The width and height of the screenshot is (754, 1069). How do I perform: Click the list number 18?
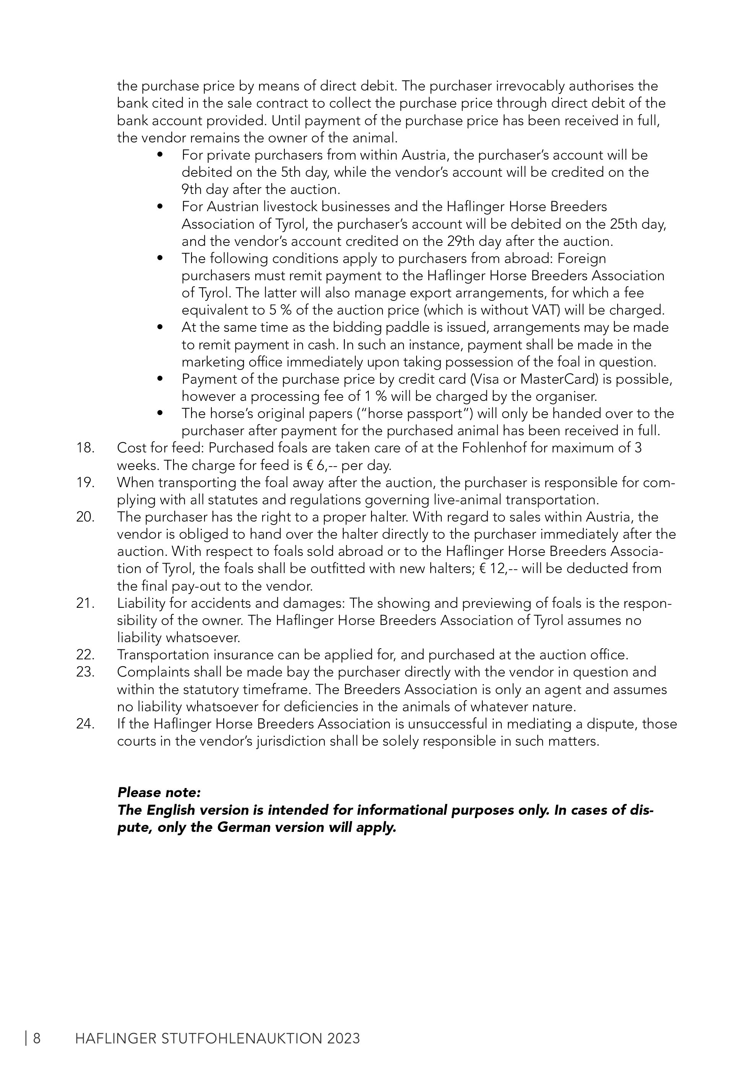pyautogui.click(x=85, y=448)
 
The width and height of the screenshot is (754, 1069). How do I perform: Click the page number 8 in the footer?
pyautogui.click(x=36, y=1038)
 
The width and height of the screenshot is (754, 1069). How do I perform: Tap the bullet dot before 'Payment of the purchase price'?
pyautogui.click(x=160, y=379)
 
